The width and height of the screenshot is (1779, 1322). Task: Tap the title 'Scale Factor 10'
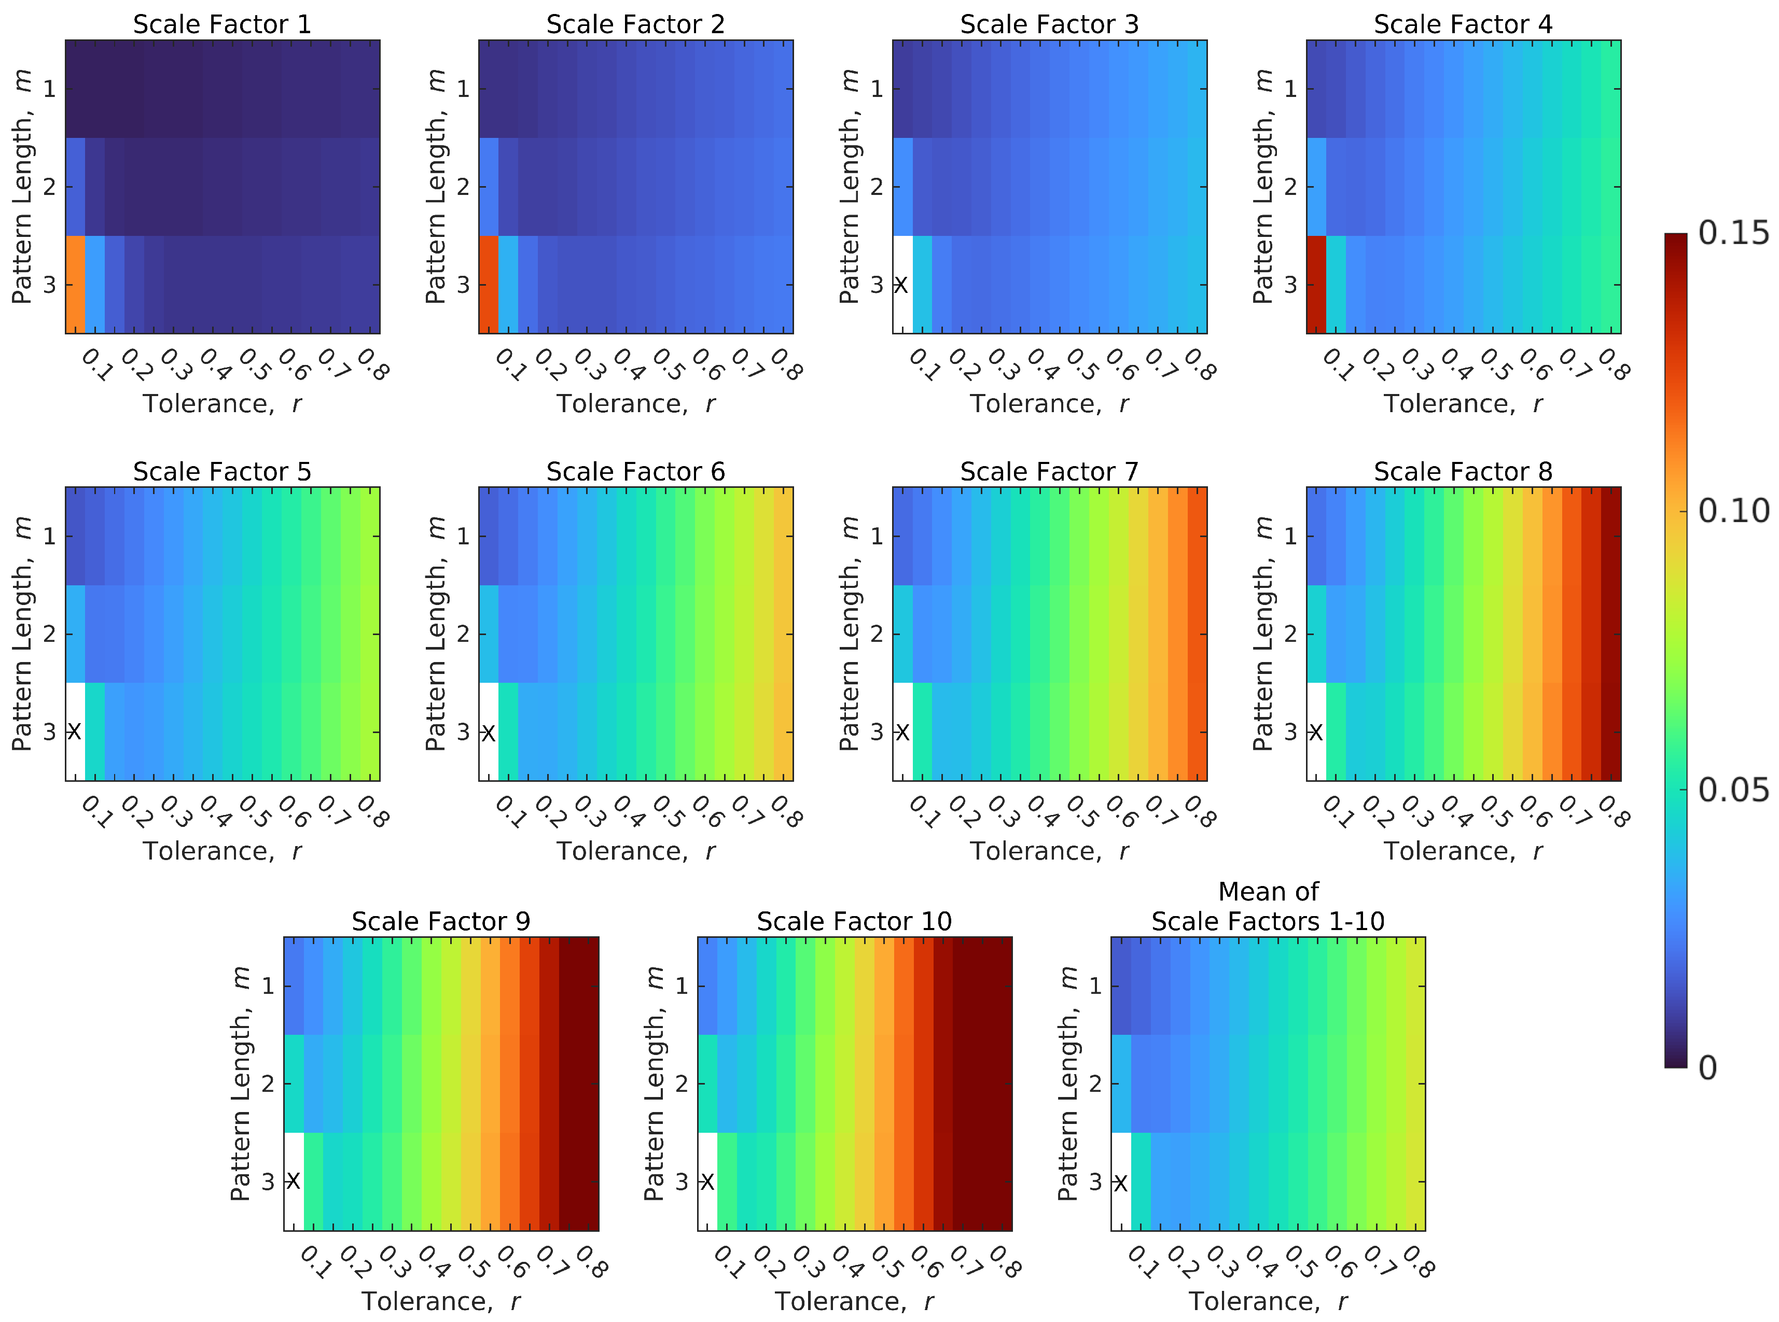point(854,921)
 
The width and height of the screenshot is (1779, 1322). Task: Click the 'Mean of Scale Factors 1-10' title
point(1268,907)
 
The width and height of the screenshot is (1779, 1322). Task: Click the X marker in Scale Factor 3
point(901,285)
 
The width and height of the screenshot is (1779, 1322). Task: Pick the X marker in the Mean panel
point(1120,1183)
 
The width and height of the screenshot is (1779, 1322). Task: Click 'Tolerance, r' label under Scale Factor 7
point(1049,851)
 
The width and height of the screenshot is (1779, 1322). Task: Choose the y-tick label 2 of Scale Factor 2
point(463,187)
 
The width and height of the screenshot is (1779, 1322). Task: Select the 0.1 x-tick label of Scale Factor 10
point(727,1262)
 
